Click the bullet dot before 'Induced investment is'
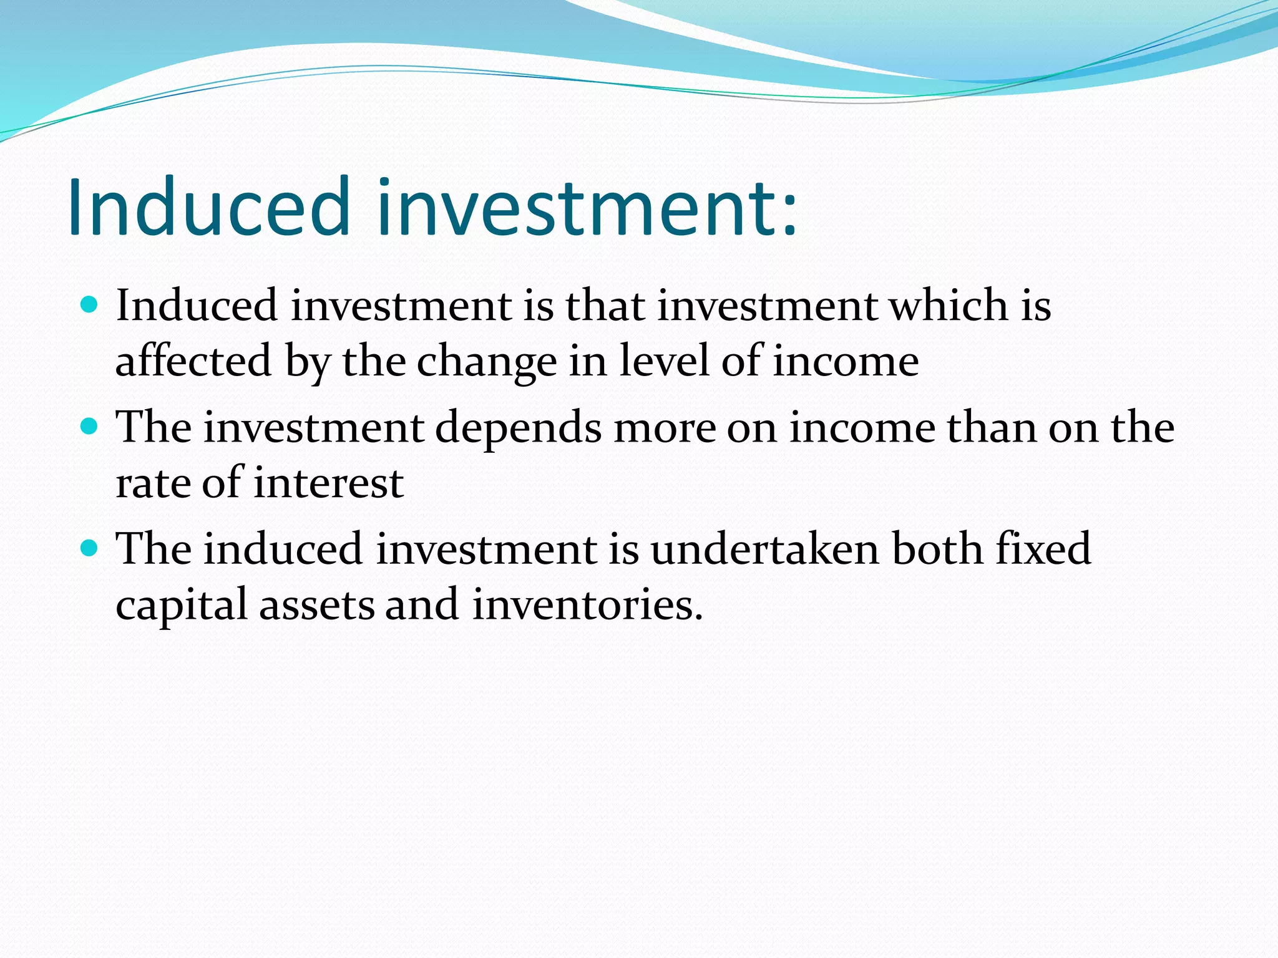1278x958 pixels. [x=90, y=305]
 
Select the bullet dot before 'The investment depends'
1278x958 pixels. [x=90, y=427]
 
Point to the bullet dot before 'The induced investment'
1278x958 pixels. [x=90, y=548]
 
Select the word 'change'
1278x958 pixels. [x=487, y=362]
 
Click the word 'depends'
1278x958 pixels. [x=519, y=429]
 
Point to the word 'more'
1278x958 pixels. [x=665, y=429]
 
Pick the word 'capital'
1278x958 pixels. [x=182, y=606]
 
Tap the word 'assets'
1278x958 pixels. [x=317, y=606]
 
